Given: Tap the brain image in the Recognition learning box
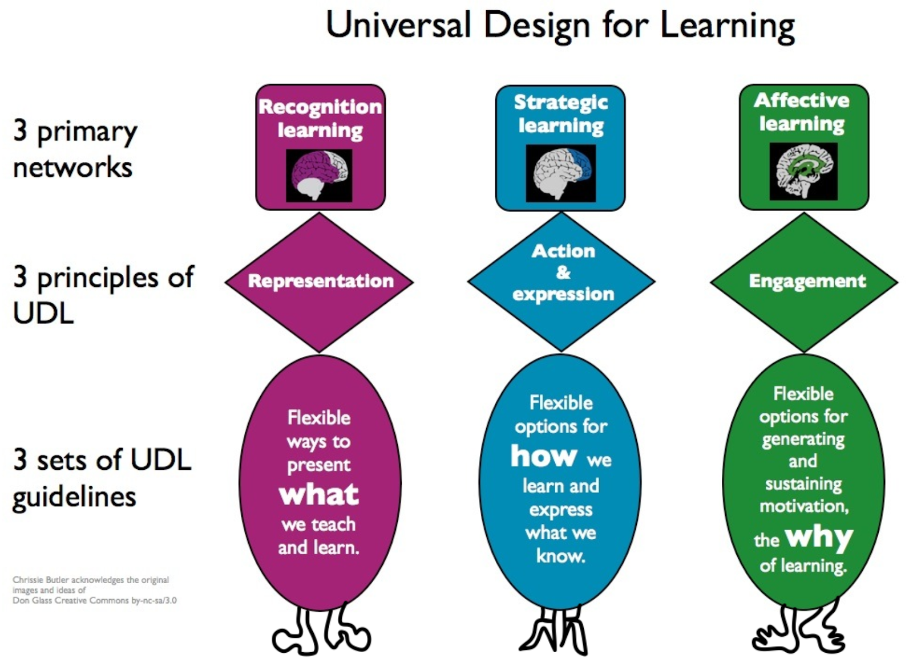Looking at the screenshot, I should (320, 176).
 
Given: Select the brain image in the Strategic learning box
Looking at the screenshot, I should (561, 173).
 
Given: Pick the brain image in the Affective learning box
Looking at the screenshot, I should (803, 172).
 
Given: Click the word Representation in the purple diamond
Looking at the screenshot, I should (321, 281).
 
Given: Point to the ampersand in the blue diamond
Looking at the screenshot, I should (563, 273).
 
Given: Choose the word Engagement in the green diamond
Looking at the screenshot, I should (807, 281).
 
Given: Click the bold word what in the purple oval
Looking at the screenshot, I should (319, 494).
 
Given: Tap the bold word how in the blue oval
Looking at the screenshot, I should (544, 456).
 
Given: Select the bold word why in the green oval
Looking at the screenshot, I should (818, 537).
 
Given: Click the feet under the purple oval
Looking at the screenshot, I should (321, 631).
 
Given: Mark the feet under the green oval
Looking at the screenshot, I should (798, 631).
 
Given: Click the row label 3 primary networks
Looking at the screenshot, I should (74, 149).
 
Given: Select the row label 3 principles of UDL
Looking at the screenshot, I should (103, 295).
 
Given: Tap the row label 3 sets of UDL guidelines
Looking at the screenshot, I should (102, 478).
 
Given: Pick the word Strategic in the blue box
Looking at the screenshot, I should (561, 102).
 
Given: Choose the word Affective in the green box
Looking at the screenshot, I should (802, 100).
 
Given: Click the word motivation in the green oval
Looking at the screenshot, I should (803, 506).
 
